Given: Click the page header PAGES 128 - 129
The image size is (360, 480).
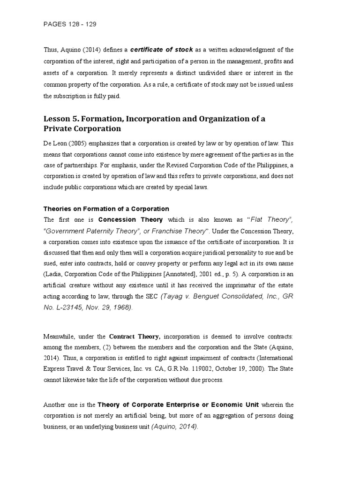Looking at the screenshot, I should (70, 23).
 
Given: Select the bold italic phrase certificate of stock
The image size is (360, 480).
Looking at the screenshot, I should (161, 50).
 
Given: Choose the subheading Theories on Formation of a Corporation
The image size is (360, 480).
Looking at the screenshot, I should (106, 209).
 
